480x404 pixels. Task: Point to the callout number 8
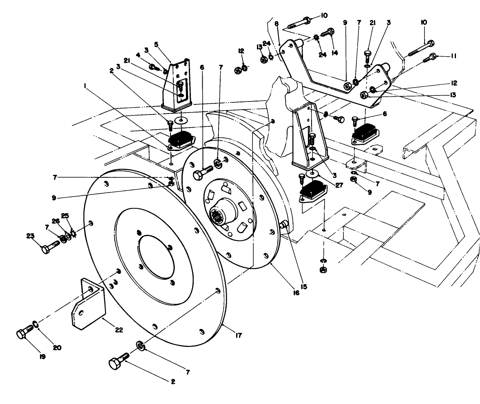click(x=276, y=24)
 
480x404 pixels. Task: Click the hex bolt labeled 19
click(x=25, y=332)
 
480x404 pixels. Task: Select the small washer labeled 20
click(x=36, y=324)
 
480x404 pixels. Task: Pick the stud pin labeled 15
click(x=284, y=224)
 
